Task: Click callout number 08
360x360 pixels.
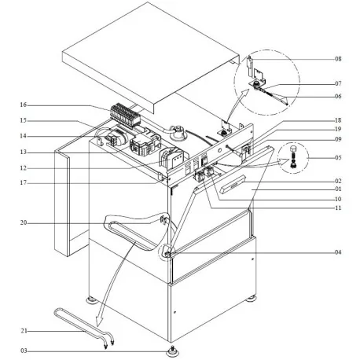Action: pos(338,59)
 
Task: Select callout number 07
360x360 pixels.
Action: pos(338,83)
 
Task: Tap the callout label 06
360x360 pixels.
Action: pos(338,96)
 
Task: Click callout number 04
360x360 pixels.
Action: pos(338,253)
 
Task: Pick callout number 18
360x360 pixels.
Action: pos(338,119)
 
